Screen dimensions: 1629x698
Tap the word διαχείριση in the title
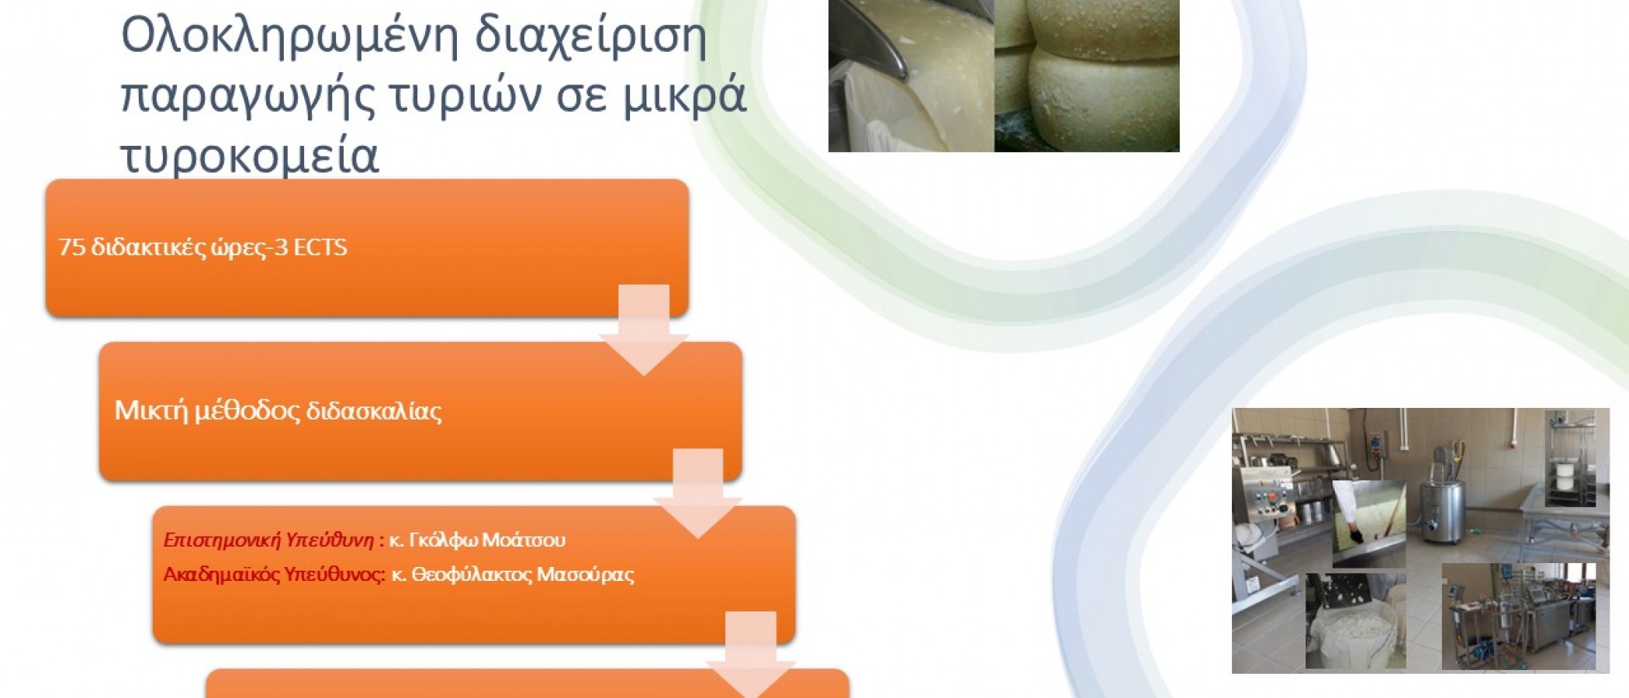click(x=590, y=37)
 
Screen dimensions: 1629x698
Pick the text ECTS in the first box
click(x=320, y=247)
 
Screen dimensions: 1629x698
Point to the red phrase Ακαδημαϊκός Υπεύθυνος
click(x=272, y=575)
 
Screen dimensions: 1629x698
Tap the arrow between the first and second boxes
click(x=644, y=330)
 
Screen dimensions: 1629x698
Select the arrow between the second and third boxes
click(x=698, y=493)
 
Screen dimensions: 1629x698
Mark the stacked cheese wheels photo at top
click(x=1087, y=76)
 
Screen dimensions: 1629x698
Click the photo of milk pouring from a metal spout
click(x=911, y=76)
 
